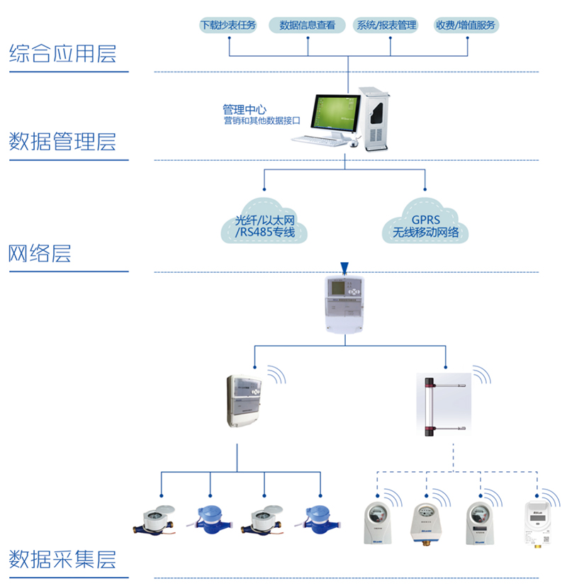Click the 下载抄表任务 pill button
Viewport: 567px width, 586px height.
tap(229, 26)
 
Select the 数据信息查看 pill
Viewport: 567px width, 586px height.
tap(308, 26)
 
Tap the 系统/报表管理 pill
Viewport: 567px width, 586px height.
tap(387, 26)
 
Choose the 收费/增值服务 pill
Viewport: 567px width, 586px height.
tap(467, 26)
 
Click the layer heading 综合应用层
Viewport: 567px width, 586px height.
tap(62, 55)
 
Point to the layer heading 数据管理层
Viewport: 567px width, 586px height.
tap(62, 142)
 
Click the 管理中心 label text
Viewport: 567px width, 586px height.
tap(245, 110)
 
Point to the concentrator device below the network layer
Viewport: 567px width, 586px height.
tap(345, 304)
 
